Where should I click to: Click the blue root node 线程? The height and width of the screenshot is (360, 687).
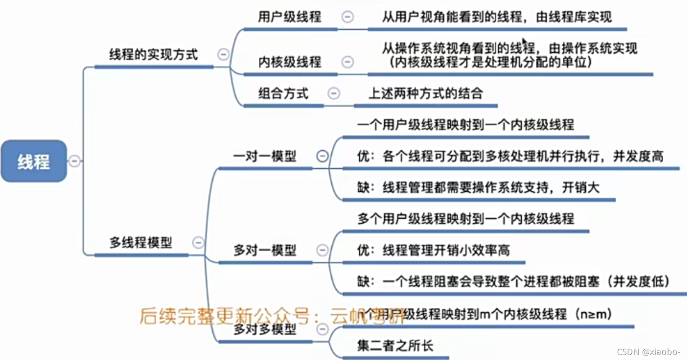click(x=34, y=161)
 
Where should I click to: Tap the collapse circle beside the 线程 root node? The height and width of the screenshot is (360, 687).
click(x=74, y=161)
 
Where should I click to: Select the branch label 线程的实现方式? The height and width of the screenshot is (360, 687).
click(x=154, y=55)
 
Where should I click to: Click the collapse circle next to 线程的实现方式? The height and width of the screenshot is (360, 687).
click(x=223, y=54)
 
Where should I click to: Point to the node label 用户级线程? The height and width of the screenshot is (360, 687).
click(x=289, y=17)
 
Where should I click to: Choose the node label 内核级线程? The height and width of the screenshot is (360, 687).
click(x=289, y=62)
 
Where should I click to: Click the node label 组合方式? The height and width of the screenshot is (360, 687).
click(x=283, y=94)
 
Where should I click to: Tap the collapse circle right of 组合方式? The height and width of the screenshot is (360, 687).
click(x=334, y=93)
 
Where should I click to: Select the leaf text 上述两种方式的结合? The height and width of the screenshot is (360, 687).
click(x=425, y=94)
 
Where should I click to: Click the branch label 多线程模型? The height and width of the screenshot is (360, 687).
click(x=140, y=243)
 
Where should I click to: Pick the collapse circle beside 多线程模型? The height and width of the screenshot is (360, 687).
click(x=198, y=243)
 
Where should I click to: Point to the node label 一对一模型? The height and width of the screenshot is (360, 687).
click(x=264, y=157)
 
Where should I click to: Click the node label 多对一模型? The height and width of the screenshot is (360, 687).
click(x=264, y=250)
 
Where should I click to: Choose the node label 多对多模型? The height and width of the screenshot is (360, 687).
click(x=264, y=329)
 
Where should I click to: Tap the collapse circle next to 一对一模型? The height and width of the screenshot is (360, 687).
click(x=322, y=156)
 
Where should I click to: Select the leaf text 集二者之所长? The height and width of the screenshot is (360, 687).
click(x=395, y=346)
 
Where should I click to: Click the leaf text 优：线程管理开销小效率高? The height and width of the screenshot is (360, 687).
click(x=433, y=250)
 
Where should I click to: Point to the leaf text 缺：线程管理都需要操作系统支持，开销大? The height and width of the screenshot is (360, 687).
click(x=478, y=188)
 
